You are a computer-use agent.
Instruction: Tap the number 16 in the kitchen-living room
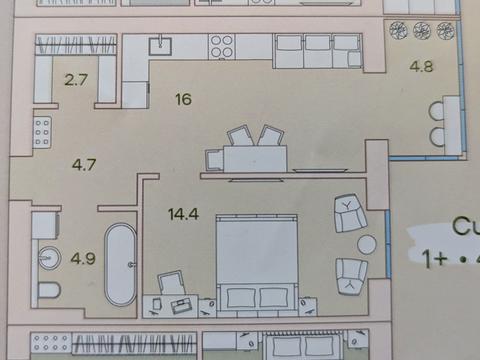coord(181,99)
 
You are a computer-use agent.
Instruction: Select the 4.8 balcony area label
coord(421,70)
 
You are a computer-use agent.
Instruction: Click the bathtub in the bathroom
coord(122,264)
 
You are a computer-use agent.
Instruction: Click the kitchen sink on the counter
coord(159,44)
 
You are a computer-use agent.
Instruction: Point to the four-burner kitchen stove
coord(221,45)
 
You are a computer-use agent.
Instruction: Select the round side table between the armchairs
coord(367,243)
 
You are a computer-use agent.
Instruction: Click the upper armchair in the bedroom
coord(348,213)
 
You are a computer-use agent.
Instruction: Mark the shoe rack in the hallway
coord(42,132)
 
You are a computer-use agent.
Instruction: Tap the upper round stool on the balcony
coord(438,111)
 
